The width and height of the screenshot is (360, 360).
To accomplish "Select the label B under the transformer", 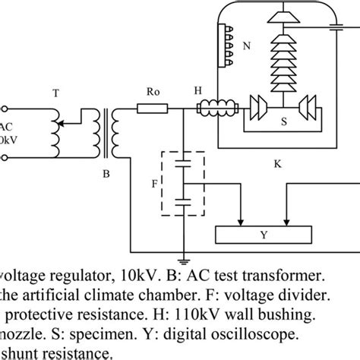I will (106, 174).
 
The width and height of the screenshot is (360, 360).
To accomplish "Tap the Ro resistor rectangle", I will (153, 109).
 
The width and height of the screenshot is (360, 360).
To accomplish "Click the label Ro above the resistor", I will (152, 89).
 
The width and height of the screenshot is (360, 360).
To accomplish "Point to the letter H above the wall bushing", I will (198, 90).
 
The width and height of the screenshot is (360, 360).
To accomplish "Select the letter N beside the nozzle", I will (245, 45).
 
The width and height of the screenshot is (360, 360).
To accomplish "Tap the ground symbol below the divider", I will (183, 258).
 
